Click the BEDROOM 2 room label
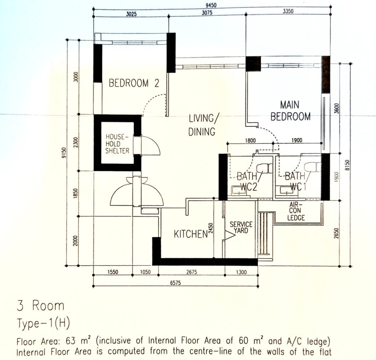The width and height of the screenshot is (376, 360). pos(134,83)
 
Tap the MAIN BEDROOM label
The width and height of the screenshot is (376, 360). pos(290,111)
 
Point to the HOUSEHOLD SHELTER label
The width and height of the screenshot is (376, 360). pos(117,144)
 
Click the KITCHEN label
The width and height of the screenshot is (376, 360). pos(191,234)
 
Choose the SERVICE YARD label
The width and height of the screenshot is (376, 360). pos(241,227)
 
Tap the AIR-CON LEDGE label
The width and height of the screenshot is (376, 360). pos(296,211)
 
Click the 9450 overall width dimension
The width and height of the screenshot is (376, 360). pos(211,5)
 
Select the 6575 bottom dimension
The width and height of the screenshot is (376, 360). pos(175,283)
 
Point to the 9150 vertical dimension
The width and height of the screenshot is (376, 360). pos(64,153)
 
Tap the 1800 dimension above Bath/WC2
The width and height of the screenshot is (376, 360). pos(250,140)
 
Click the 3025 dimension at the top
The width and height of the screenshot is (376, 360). pos(131,14)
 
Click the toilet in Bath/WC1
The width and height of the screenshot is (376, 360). pos(312,167)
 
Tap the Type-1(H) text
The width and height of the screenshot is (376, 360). pos(43,324)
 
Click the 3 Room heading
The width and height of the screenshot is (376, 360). pos(40,306)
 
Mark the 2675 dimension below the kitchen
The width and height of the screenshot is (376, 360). pos(191,272)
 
